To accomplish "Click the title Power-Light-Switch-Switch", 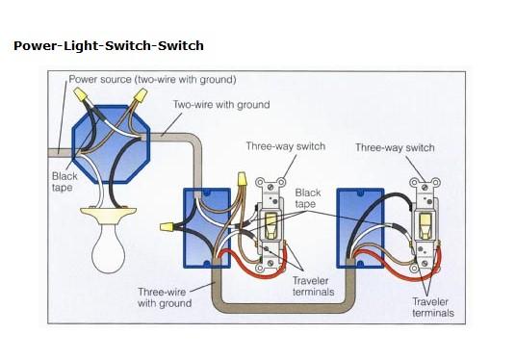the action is click(x=109, y=45).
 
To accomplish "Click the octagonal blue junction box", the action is click(x=111, y=143).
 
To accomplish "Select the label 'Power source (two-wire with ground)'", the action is click(x=152, y=80).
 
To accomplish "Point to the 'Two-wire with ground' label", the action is click(x=221, y=105).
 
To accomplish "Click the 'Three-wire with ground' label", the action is click(x=165, y=297).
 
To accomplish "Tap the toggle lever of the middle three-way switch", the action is click(x=270, y=225).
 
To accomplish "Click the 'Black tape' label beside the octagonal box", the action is click(x=64, y=182).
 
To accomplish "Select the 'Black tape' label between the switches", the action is click(x=308, y=197).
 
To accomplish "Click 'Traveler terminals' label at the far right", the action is click(x=433, y=307).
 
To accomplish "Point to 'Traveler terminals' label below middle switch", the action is click(x=314, y=286).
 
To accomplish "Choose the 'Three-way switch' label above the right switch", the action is click(x=395, y=148).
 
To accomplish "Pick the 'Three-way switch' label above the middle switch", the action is click(x=286, y=146).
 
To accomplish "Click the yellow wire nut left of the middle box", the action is click(x=167, y=226).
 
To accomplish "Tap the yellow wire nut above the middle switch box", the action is click(x=242, y=179).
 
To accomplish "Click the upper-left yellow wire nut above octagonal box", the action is click(x=81, y=94).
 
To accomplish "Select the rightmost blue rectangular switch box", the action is click(x=360, y=228).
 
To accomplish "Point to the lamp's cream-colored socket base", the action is click(x=109, y=215).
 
